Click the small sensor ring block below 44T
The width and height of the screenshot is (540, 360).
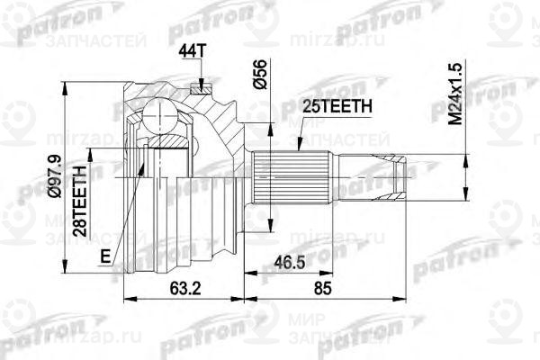(x=201, y=87)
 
